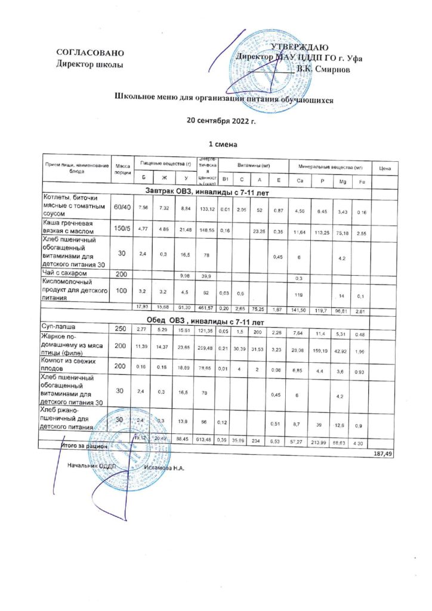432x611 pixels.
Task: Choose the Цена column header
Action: (384, 169)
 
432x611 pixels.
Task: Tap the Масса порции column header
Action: (123, 168)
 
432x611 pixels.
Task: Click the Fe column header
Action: (362, 181)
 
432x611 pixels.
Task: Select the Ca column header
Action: (299, 181)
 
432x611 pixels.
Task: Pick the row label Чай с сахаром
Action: (67, 274)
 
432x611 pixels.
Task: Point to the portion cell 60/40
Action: (123, 206)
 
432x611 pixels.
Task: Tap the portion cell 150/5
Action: (123, 227)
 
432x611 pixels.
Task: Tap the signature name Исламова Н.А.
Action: (164, 467)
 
